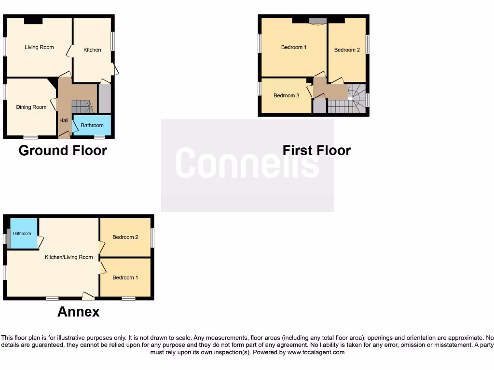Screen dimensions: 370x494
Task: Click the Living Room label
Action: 39,47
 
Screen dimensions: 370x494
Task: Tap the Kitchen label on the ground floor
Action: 92,50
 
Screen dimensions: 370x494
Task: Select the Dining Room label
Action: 31,107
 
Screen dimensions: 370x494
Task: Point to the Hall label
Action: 64,120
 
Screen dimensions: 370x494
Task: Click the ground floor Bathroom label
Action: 92,125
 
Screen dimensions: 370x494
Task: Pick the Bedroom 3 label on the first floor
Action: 286,95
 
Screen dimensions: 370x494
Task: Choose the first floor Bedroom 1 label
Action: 294,47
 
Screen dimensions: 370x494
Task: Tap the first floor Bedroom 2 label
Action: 347,50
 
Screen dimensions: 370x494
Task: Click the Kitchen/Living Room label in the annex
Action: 69,257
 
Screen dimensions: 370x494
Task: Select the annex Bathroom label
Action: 22,234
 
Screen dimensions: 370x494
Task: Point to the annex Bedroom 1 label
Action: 125,277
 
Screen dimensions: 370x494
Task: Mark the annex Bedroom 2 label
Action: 125,237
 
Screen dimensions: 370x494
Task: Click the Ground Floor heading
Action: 63,150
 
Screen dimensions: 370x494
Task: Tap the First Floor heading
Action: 316,150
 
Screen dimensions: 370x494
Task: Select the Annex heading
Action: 78,312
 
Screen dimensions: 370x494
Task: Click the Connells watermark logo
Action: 247,163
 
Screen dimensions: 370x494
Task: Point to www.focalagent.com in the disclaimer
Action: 316,352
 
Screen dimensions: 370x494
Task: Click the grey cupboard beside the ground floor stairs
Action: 105,99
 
